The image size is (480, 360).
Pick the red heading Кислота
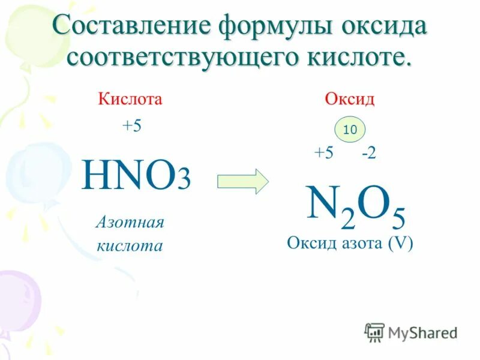coord(130,99)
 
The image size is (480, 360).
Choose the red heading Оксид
coord(350,99)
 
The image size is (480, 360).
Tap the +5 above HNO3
coord(131,127)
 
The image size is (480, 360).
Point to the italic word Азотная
coord(130,223)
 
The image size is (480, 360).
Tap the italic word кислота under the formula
coord(130,245)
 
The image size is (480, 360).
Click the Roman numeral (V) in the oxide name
coord(401,244)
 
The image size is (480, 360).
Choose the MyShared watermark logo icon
coord(375,332)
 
